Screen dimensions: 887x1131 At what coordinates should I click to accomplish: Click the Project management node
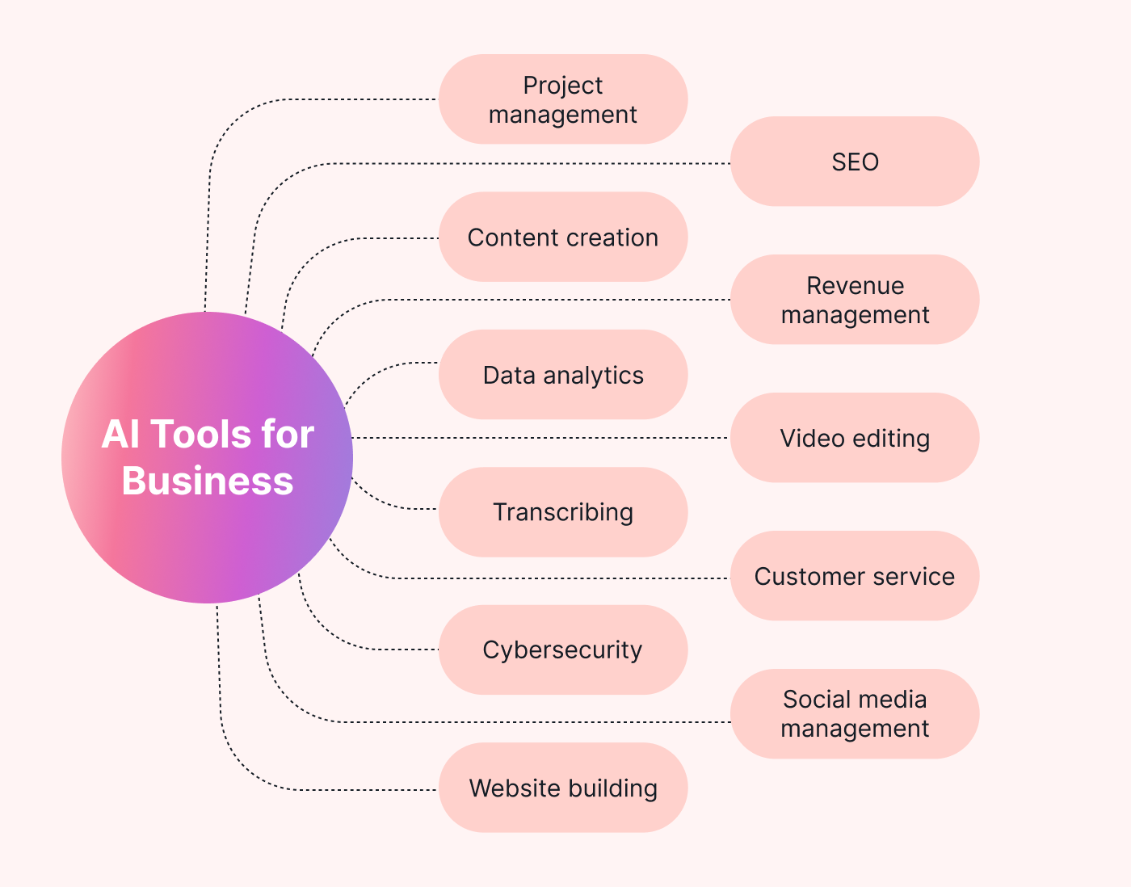[x=563, y=99]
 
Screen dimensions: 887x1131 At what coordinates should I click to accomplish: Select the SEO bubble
[x=855, y=162]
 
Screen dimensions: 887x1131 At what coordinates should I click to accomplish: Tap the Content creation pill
[x=563, y=238]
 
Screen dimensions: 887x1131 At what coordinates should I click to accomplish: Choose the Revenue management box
[x=855, y=300]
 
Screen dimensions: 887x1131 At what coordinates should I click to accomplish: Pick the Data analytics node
[x=563, y=375]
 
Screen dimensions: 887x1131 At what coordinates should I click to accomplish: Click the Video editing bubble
[x=855, y=438]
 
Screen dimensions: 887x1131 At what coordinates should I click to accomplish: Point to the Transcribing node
[x=563, y=512]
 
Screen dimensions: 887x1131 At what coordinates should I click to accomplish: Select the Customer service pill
[x=855, y=576]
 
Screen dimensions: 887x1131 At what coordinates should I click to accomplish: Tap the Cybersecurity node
[x=563, y=649]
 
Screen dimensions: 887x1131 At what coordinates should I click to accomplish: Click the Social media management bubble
[x=855, y=714]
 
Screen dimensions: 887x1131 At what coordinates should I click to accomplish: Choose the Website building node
[x=563, y=788]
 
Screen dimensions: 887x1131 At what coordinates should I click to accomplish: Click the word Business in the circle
[x=208, y=481]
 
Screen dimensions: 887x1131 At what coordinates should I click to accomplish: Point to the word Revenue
[x=855, y=286]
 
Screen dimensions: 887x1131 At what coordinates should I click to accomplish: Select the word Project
[x=563, y=86]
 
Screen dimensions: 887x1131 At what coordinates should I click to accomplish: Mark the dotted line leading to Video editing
[x=541, y=438]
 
